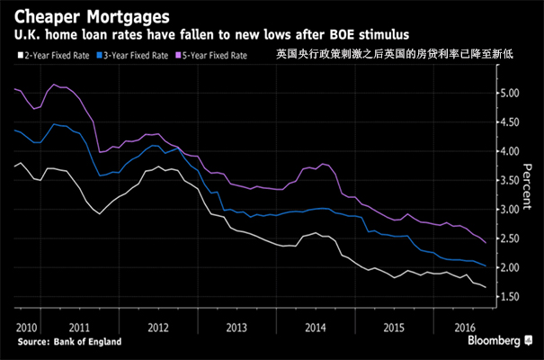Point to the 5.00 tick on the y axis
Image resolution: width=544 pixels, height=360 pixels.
pos(510,93)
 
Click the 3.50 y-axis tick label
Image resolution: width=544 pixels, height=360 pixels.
pos(510,180)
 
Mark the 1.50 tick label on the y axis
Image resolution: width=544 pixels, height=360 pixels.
pos(510,297)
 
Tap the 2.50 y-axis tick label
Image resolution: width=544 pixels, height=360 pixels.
pos(510,238)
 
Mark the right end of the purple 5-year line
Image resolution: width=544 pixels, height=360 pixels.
pos(486,242)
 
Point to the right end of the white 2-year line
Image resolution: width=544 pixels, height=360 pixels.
pos(486,287)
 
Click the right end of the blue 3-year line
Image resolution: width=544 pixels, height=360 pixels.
pos(486,265)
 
